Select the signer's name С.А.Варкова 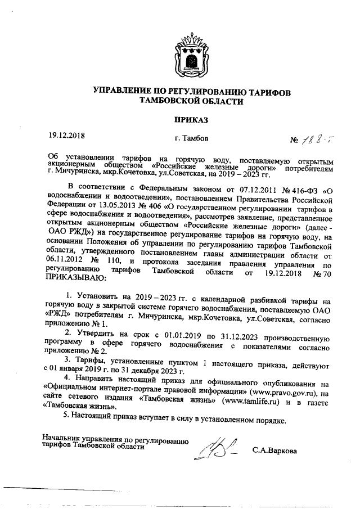[274, 450]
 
